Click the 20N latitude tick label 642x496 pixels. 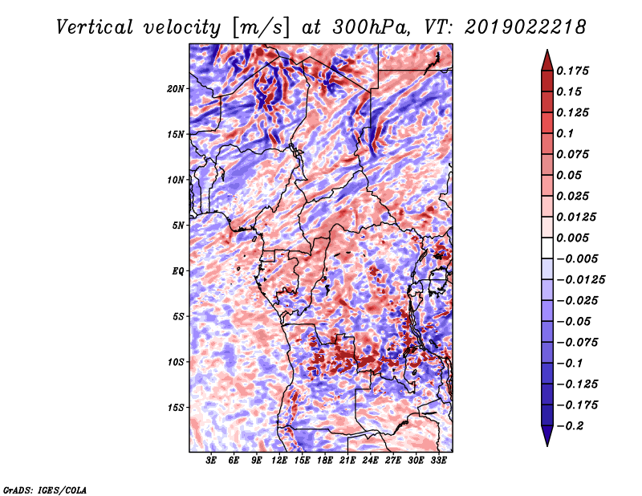pyautogui.click(x=176, y=89)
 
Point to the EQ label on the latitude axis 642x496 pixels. pyautogui.click(x=177, y=271)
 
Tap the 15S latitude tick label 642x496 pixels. pyautogui.click(x=176, y=408)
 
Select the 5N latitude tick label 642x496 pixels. pyautogui.click(x=178, y=226)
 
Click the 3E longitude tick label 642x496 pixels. pyautogui.click(x=211, y=461)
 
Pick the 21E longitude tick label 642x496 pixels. pyautogui.click(x=347, y=461)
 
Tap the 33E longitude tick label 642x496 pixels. pyautogui.click(x=438, y=461)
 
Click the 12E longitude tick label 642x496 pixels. pyautogui.click(x=279, y=461)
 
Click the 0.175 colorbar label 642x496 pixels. pyautogui.click(x=572, y=71)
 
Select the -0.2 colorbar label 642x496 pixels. pyautogui.click(x=570, y=426)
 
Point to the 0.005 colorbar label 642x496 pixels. pyautogui.click(x=572, y=238)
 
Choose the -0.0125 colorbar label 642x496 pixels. pyautogui.click(x=580, y=280)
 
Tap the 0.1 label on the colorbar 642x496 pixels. pyautogui.click(x=565, y=133)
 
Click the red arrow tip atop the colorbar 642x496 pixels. pyautogui.click(x=547, y=50)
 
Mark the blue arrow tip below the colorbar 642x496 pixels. pyautogui.click(x=547, y=445)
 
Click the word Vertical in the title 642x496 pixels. pyautogui.click(x=95, y=27)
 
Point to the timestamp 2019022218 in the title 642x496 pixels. pyautogui.click(x=526, y=27)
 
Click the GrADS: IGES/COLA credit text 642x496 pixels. pyautogui.click(x=45, y=490)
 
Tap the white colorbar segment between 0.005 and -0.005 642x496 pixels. pyautogui.click(x=547, y=248)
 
